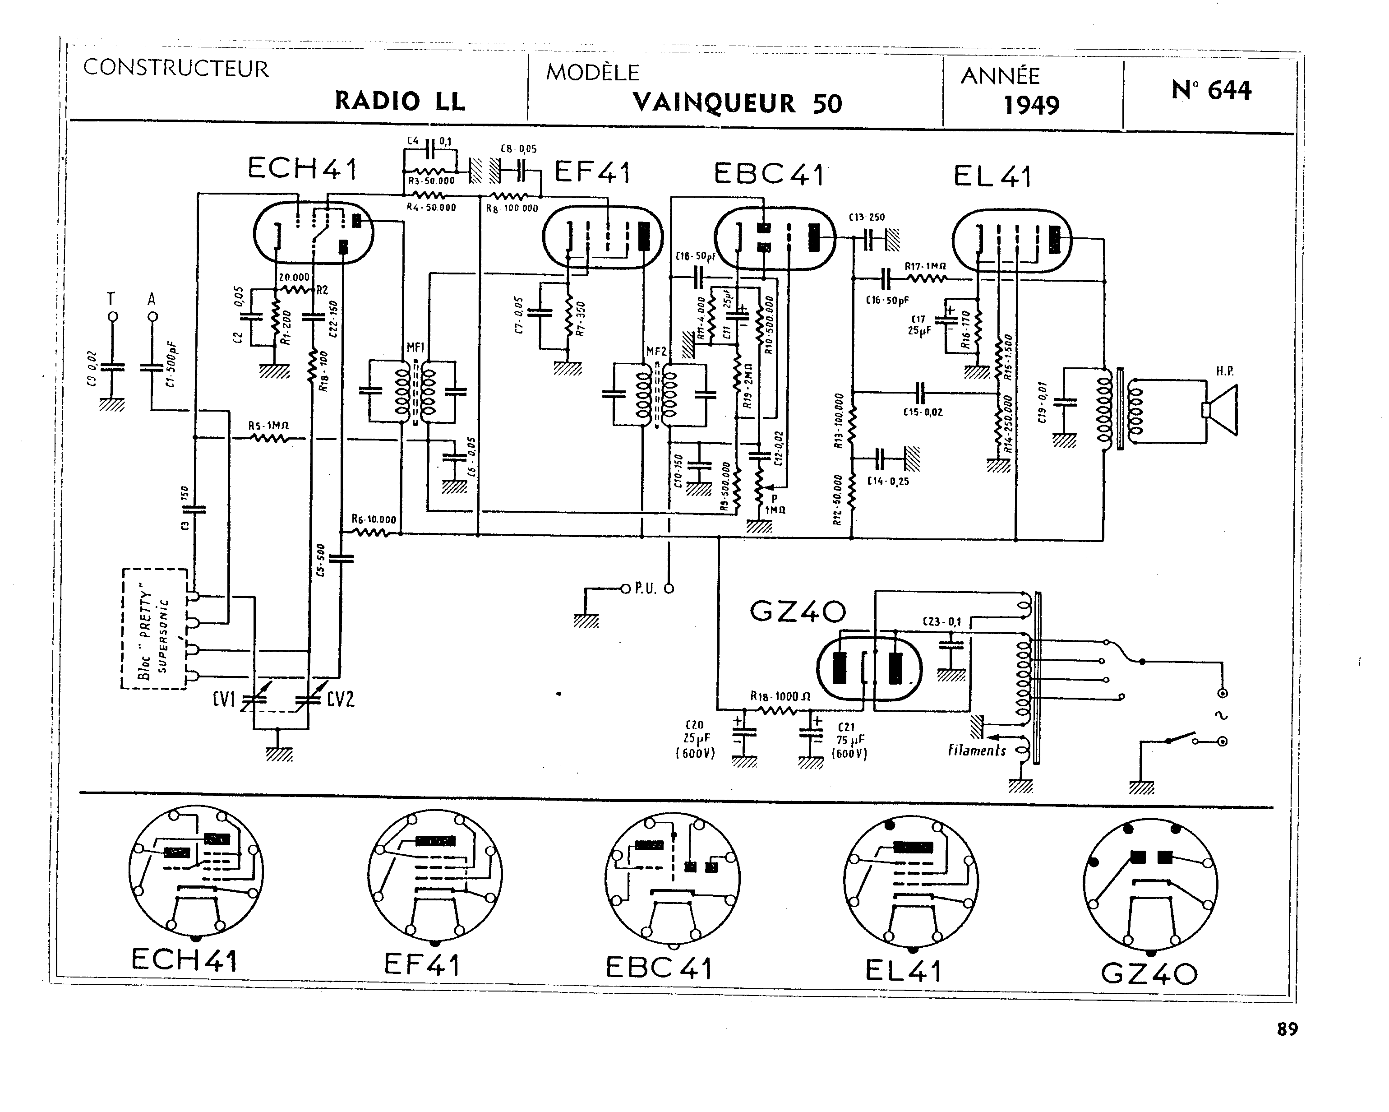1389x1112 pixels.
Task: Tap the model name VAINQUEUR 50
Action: point(737,103)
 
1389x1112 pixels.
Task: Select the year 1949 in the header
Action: point(1031,105)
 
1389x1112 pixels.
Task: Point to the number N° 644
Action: point(1211,90)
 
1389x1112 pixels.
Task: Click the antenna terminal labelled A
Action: point(152,316)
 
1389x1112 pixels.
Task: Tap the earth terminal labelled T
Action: point(112,316)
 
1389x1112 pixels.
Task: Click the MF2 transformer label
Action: point(656,352)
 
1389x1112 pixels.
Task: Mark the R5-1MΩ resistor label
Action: point(268,426)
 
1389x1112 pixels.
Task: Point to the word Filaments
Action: point(977,751)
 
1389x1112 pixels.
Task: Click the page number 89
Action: point(1287,1029)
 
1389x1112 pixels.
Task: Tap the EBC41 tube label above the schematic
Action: point(769,174)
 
